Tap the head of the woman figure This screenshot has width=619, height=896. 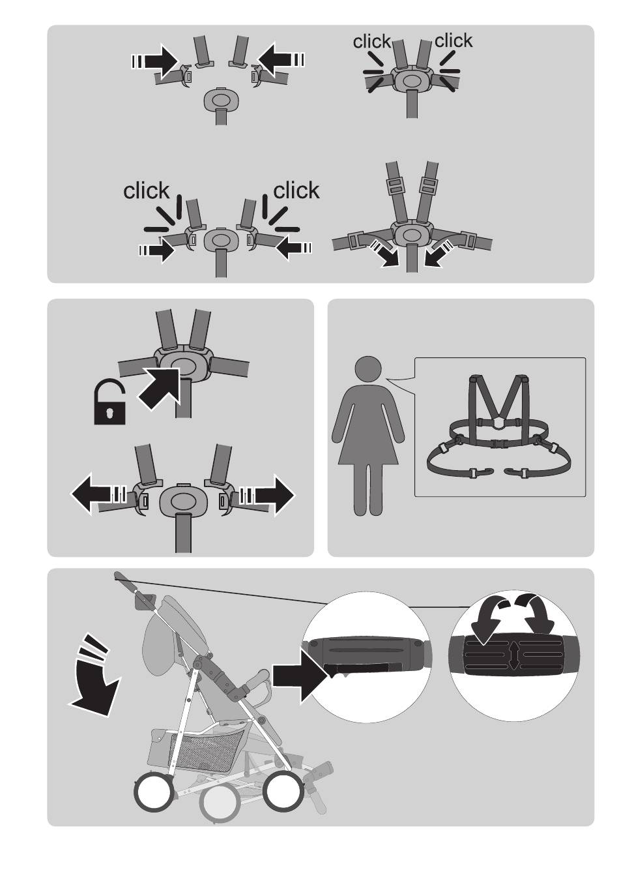pos(367,369)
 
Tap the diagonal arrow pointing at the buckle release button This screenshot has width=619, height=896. pos(159,389)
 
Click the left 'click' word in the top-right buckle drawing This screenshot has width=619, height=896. pos(371,41)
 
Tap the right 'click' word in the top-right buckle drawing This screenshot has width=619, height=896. pos(453,40)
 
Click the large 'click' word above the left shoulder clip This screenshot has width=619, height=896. pos(146,190)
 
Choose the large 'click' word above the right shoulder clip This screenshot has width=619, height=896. pos(296,190)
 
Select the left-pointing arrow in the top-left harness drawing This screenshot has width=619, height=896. pos(281,60)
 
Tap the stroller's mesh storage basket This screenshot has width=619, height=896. pos(207,747)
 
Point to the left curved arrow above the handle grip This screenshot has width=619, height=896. pos(487,617)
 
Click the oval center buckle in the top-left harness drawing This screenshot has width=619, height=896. pos(222,98)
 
